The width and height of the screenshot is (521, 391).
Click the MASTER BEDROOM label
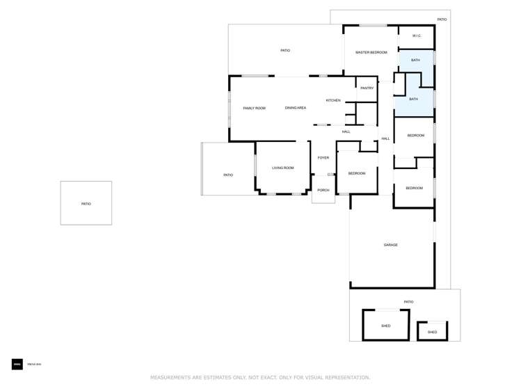[371, 52]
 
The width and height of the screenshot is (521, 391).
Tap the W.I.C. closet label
[417, 36]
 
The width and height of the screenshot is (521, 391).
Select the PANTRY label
[367, 88]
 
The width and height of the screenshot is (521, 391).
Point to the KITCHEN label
[333, 101]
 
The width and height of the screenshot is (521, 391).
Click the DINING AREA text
[295, 108]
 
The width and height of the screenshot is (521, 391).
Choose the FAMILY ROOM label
[254, 109]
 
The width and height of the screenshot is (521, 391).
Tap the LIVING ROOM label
[282, 168]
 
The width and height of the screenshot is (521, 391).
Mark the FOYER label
[323, 158]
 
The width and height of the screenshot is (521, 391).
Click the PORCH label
[323, 190]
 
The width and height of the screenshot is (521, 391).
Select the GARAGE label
[391, 245]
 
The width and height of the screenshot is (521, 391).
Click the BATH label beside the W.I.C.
[415, 61]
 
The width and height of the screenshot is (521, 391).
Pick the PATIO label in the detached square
[86, 204]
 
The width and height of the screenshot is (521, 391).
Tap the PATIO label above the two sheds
[408, 302]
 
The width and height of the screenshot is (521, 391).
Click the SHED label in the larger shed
[385, 326]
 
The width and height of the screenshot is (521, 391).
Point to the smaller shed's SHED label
[432, 333]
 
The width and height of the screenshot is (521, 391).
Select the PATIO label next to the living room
[228, 175]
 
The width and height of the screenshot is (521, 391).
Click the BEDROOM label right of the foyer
[357, 173]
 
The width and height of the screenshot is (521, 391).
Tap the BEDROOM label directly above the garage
[414, 188]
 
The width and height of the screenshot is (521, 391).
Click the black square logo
[17, 364]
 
